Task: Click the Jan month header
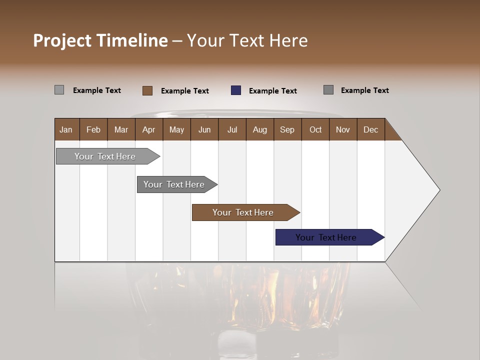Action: [66, 129]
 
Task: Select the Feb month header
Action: [93, 129]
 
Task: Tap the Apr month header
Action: [148, 129]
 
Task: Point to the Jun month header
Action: [204, 129]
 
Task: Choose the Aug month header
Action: [259, 129]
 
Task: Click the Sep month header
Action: [287, 129]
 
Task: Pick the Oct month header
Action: [315, 129]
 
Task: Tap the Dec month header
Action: [370, 129]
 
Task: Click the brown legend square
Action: [147, 90]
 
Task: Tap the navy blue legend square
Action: [236, 90]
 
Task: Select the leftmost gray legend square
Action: [59, 90]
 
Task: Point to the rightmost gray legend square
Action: [328, 90]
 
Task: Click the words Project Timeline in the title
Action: [100, 40]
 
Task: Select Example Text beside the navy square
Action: [272, 91]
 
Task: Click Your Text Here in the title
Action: [247, 40]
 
